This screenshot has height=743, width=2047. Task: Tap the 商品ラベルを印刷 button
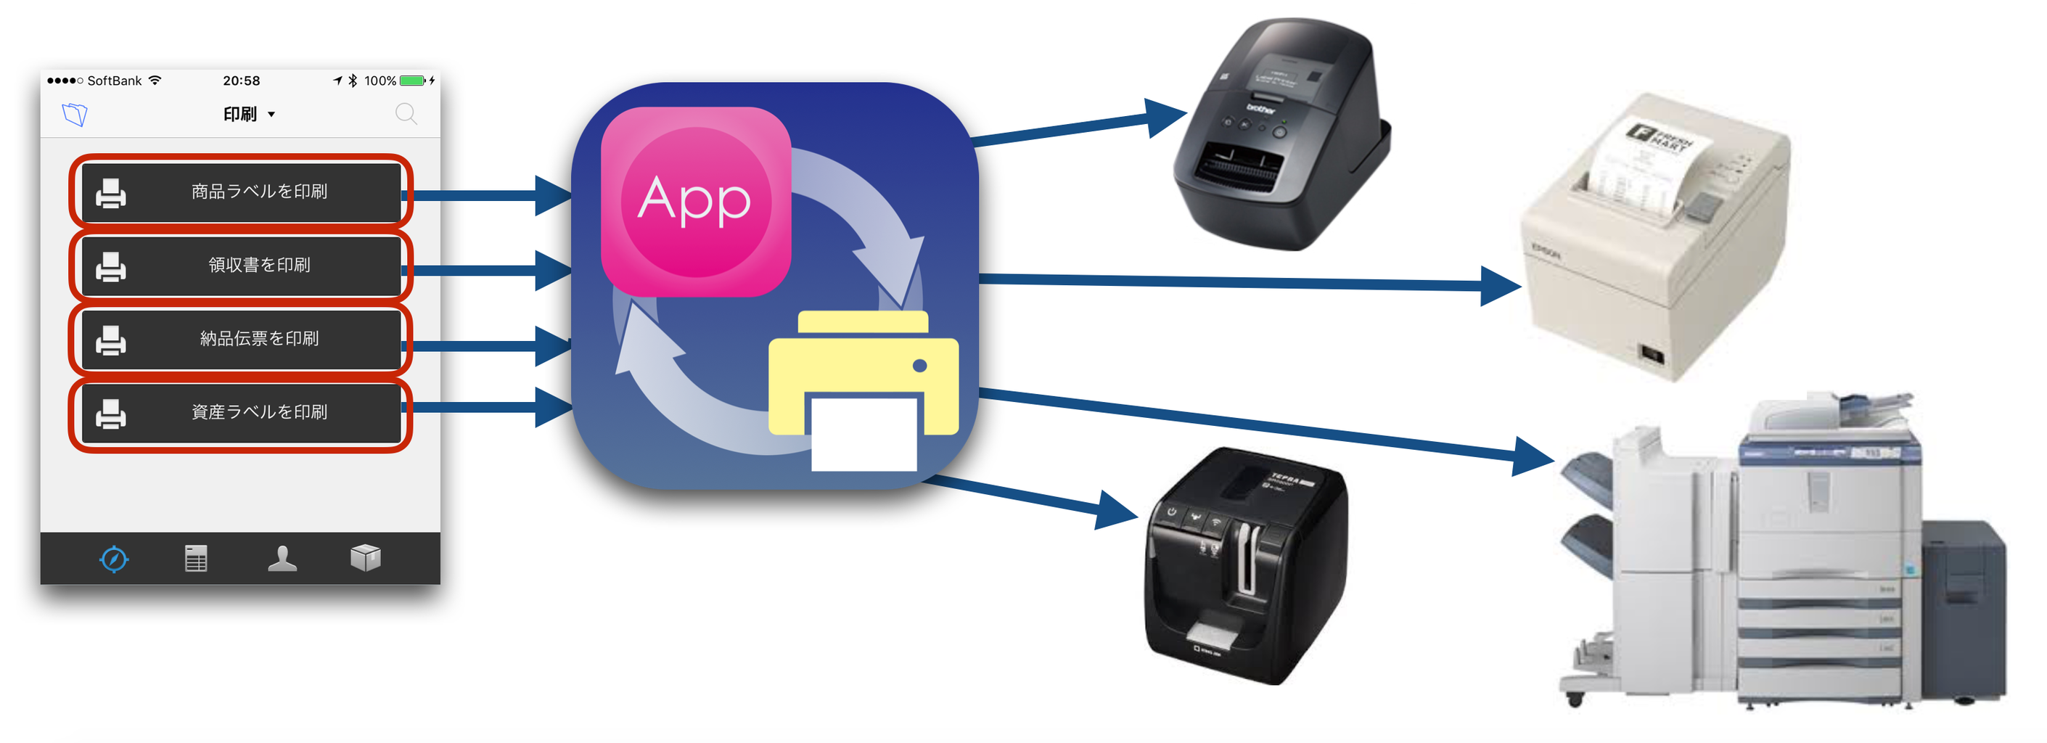(241, 192)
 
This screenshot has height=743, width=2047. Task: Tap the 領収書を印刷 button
(241, 266)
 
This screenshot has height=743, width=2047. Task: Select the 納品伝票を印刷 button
(241, 340)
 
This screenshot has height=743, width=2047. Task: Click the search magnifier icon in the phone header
(406, 115)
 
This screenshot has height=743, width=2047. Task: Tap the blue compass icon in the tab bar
(115, 559)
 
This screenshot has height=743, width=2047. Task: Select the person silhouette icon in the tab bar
(282, 559)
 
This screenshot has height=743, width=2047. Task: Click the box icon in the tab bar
(366, 559)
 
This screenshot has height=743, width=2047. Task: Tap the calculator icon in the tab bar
(196, 559)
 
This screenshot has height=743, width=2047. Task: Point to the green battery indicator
(412, 81)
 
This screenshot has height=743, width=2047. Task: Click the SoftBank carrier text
(115, 81)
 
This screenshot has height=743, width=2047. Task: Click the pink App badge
(695, 202)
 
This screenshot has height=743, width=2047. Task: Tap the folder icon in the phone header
(75, 115)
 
